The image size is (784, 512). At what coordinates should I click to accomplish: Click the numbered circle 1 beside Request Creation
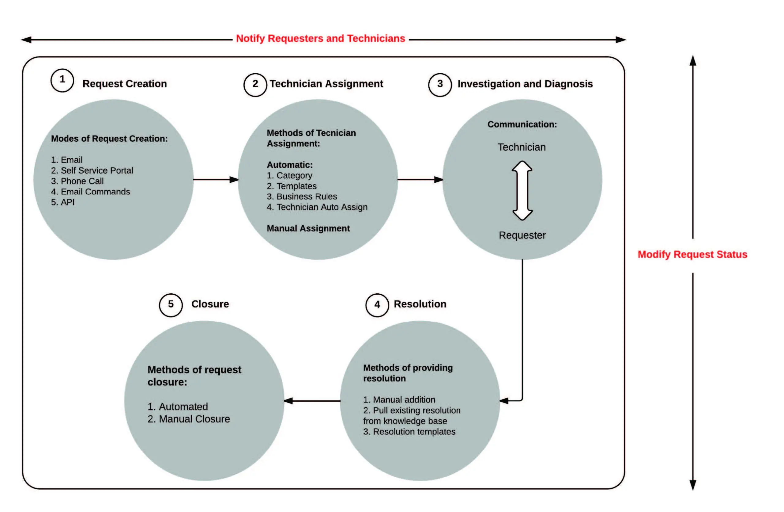[62, 80]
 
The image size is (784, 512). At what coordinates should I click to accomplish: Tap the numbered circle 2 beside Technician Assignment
[255, 85]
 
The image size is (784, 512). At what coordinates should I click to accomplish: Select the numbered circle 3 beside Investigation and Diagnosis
[440, 85]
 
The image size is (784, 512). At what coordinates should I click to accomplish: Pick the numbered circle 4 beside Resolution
[377, 305]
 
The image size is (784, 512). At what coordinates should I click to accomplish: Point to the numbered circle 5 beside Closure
[171, 305]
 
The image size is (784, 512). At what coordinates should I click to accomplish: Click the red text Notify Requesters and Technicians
[320, 39]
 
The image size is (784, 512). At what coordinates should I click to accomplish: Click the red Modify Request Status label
[692, 254]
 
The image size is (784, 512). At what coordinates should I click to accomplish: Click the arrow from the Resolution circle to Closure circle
[312, 401]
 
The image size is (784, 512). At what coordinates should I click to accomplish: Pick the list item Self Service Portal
[92, 170]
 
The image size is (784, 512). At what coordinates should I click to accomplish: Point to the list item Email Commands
[91, 192]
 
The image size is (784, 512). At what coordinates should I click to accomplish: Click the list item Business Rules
[302, 197]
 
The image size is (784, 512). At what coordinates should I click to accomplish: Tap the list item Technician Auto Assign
[317, 207]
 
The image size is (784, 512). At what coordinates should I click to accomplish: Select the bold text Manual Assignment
[308, 228]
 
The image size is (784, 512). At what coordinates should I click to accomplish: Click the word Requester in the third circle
[522, 235]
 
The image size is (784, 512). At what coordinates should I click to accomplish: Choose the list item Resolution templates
[409, 432]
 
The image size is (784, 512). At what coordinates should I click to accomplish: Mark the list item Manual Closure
[189, 419]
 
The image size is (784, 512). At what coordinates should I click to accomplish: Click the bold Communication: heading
[522, 124]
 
